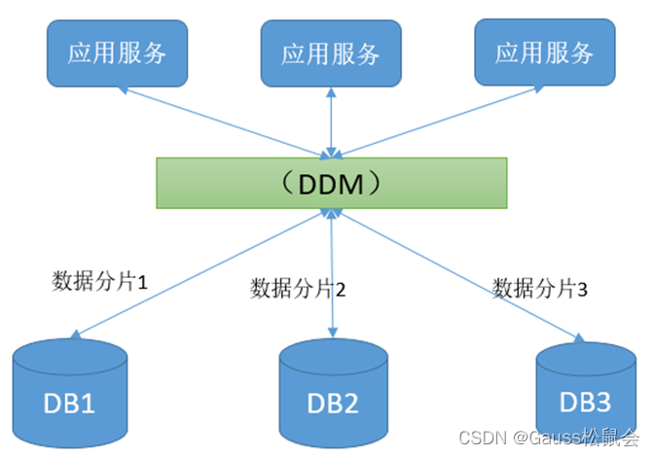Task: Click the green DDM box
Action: coord(332,183)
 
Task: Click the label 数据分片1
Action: coord(98,282)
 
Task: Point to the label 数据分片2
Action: coord(298,288)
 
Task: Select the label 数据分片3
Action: coord(540,288)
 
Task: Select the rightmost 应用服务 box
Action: coord(544,53)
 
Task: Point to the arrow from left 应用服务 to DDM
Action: coord(224,121)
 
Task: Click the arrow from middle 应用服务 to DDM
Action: coord(333,122)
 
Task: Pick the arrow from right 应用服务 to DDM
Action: coord(438,121)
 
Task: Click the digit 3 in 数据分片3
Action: coord(582,289)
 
